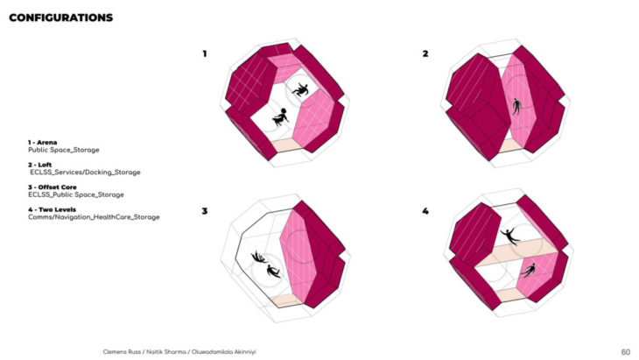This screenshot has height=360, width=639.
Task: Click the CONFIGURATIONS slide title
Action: (x=60, y=18)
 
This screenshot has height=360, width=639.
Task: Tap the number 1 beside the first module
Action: (x=205, y=53)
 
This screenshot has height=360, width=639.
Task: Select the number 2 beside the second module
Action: (x=425, y=53)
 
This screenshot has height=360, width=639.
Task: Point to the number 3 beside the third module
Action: (x=205, y=211)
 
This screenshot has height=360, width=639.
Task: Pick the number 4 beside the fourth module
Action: (x=425, y=211)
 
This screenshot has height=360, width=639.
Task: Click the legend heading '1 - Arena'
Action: (x=42, y=142)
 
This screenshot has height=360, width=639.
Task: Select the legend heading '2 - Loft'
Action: (x=40, y=165)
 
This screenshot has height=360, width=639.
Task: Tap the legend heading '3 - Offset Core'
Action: (x=53, y=187)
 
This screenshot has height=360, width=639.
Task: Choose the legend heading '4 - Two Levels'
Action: (x=53, y=209)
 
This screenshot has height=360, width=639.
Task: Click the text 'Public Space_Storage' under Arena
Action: (x=64, y=150)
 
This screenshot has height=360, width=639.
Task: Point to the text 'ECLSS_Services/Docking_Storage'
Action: (x=85, y=173)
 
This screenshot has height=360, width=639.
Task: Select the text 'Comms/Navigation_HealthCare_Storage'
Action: (x=94, y=217)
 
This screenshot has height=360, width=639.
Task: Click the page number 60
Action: (x=626, y=352)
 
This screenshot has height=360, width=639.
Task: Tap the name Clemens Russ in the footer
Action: (x=122, y=352)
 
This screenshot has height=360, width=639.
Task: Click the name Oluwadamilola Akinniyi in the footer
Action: (x=224, y=352)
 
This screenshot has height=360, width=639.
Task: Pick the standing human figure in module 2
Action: (x=516, y=107)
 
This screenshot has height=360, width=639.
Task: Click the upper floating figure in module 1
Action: (x=301, y=89)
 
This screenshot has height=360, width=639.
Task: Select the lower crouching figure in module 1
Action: (x=280, y=117)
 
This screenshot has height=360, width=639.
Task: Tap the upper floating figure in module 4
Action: (x=509, y=236)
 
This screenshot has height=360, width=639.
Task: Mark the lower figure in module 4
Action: (x=528, y=270)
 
